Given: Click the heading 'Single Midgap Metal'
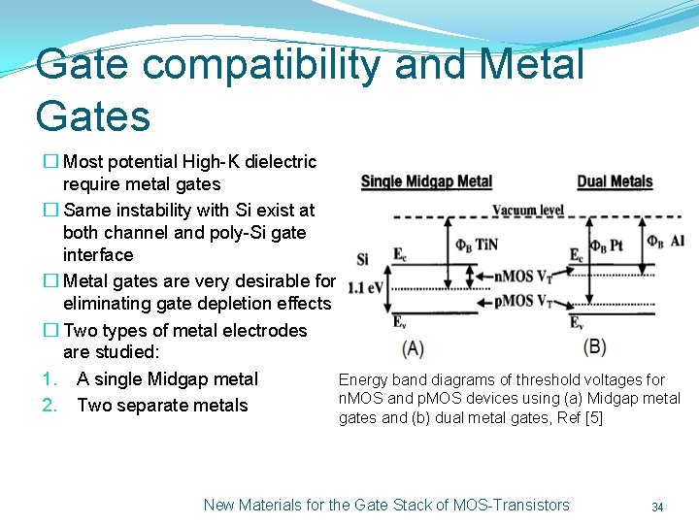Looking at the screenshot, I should click(x=426, y=181).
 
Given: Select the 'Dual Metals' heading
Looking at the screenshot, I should click(x=615, y=181).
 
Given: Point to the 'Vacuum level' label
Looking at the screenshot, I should click(x=528, y=210).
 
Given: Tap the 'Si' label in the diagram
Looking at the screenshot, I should click(x=363, y=259).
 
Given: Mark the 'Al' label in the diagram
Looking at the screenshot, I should click(x=678, y=241).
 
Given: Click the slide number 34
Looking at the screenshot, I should click(x=657, y=507).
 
